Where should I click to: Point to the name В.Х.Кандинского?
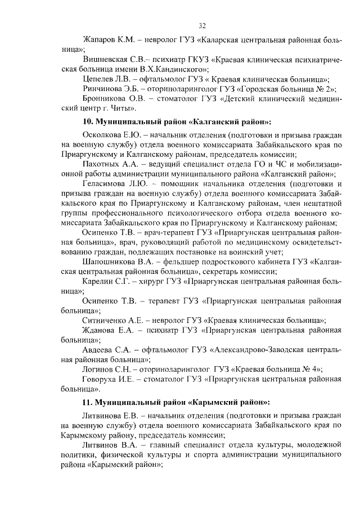pos(175,69)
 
